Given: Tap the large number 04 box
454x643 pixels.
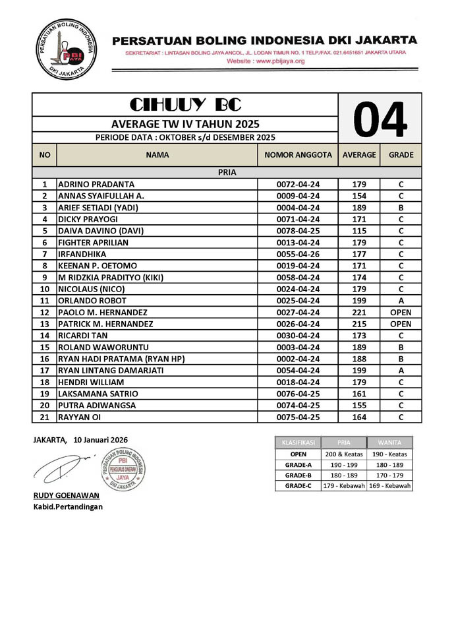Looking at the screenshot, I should click(380, 119).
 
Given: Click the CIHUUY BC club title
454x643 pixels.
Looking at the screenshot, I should click(185, 106).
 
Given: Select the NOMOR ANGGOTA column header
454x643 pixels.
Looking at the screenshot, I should click(298, 155).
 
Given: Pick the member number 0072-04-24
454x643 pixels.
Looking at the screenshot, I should click(298, 185).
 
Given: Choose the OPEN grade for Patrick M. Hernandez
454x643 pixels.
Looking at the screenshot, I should click(401, 324).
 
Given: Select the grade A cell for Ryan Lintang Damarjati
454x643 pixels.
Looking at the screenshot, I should click(401, 371).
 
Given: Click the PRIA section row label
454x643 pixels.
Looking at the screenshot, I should click(227, 172).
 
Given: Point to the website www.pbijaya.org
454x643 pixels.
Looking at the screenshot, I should click(266, 61).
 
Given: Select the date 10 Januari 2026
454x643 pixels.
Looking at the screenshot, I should click(100, 439).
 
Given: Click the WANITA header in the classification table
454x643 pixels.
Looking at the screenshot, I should click(390, 442).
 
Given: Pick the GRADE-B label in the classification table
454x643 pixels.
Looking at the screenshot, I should click(298, 475).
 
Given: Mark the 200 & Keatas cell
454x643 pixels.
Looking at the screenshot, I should click(343, 454).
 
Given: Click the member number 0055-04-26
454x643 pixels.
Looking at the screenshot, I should click(298, 255).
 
